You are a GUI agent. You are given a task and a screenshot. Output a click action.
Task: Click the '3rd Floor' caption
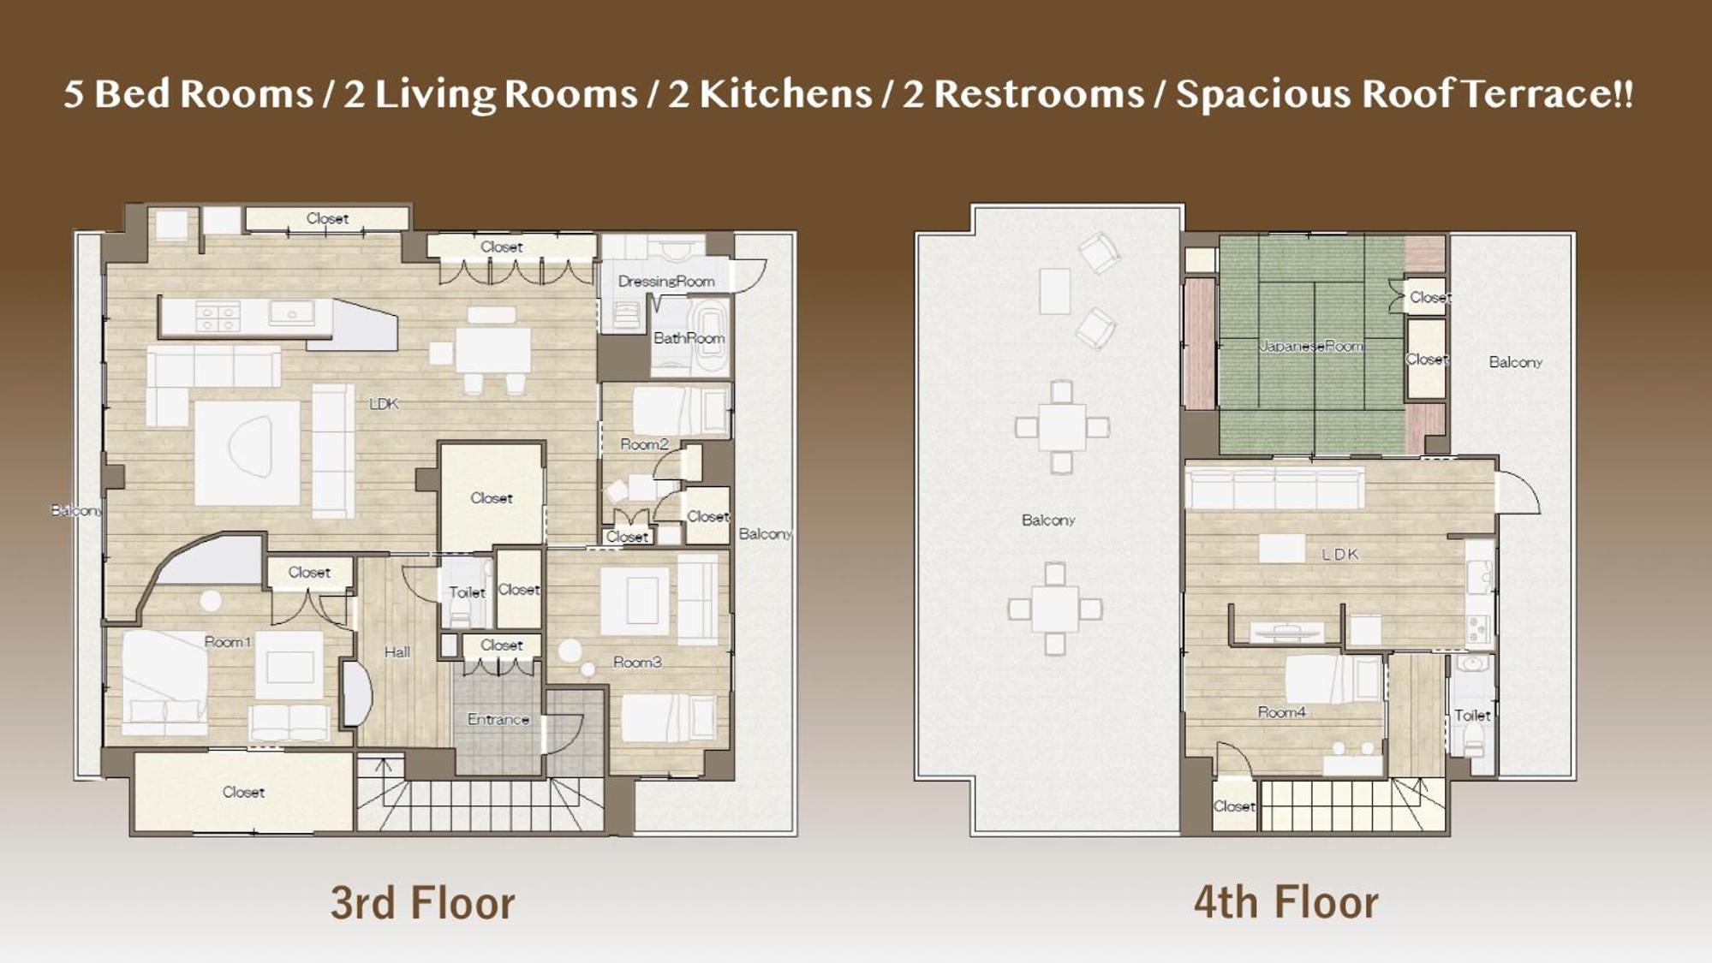(x=423, y=903)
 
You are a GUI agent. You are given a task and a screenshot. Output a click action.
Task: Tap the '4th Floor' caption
(x=1286, y=902)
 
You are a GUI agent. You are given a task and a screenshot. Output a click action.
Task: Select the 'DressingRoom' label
(x=666, y=281)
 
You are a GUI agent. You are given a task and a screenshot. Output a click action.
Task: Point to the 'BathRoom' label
(x=689, y=338)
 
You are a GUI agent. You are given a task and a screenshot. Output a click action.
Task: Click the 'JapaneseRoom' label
(x=1311, y=346)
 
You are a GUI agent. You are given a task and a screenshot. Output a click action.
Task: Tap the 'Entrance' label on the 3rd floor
(x=498, y=719)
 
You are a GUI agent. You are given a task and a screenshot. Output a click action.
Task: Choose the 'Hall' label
(x=397, y=652)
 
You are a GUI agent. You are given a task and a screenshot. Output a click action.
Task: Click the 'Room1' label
(x=228, y=642)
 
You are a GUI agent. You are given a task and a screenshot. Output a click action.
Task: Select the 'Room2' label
(x=644, y=444)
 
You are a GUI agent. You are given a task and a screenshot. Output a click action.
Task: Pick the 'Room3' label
(x=637, y=662)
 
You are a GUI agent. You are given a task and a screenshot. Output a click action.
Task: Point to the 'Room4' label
(x=1282, y=712)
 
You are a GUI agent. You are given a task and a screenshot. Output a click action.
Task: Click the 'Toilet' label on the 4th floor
(x=1472, y=716)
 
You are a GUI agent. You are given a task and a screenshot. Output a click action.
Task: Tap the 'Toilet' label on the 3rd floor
(x=467, y=592)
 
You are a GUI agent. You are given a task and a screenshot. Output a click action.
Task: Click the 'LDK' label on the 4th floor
(x=1340, y=555)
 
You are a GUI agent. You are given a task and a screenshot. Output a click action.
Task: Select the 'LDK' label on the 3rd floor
(x=384, y=404)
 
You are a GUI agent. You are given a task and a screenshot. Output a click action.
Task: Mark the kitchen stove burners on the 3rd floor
(x=218, y=317)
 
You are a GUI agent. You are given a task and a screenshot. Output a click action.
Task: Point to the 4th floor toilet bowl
(x=1473, y=738)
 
